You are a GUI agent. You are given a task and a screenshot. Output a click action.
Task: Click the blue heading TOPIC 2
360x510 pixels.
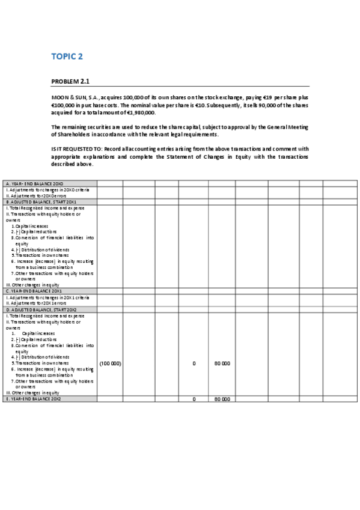pos(67,57)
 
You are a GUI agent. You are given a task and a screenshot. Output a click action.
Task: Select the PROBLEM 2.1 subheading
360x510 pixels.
pos(71,81)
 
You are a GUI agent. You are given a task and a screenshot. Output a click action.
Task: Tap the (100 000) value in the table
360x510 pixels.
pos(110,364)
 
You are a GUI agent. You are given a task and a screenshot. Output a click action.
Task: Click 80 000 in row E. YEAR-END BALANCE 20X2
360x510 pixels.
pos(222,399)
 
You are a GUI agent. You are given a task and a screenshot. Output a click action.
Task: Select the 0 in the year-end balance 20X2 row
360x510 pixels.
pos(194,399)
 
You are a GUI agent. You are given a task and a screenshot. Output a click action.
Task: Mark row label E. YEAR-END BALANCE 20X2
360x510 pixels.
pos(34,399)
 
